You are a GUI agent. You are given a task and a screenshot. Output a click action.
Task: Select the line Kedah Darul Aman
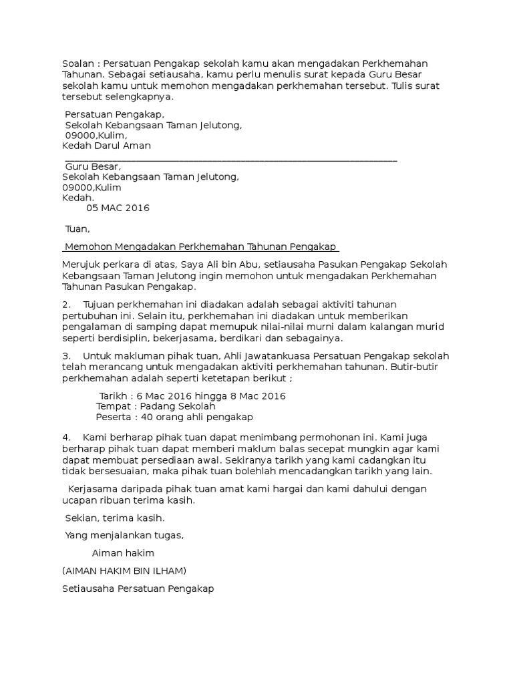[106, 146]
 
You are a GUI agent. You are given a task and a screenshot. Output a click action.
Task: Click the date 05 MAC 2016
[118, 208]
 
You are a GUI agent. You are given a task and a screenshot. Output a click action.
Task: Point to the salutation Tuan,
[76, 229]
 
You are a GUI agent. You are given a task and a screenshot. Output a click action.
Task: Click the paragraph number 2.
[65, 304]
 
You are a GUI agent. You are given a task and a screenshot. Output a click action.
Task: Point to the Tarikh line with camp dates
[192, 395]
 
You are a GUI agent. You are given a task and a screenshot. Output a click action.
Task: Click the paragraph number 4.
[65, 436]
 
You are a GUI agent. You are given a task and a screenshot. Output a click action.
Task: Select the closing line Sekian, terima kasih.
[114, 518]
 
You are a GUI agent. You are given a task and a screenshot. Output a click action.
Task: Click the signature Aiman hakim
[123, 553]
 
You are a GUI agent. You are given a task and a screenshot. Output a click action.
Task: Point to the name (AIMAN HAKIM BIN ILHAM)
[124, 570]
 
